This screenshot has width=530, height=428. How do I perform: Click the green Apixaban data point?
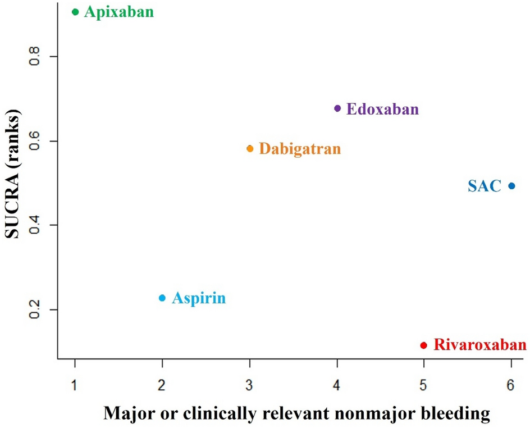point(75,12)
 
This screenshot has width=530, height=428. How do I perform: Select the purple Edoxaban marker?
point(337,108)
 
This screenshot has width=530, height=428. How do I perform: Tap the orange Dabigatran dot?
point(250,149)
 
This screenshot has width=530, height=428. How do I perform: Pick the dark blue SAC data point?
point(511,186)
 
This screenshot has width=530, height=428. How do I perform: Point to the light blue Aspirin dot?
point(162,298)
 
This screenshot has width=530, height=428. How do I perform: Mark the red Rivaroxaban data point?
point(424,345)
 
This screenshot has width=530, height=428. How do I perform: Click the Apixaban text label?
point(118,12)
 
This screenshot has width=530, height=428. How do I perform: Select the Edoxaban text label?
point(382,109)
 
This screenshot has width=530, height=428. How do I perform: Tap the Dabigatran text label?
point(300,149)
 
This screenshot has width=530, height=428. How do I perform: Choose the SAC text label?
point(484,186)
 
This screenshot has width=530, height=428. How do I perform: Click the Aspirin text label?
point(199,298)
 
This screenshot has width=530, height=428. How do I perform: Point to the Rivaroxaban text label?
point(481,345)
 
